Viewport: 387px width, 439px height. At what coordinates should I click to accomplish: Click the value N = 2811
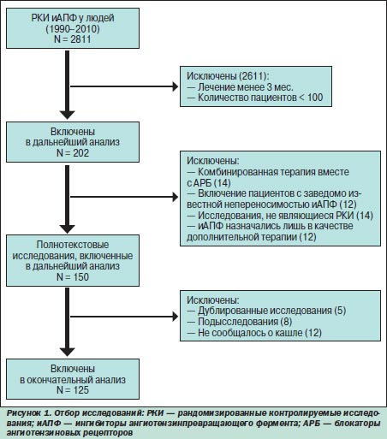coord(73,39)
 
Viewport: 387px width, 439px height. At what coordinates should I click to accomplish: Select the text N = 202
coord(73,153)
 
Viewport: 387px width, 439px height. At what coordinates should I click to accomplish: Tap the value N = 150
coord(73,276)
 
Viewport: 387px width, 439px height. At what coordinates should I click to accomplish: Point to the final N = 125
coord(73,389)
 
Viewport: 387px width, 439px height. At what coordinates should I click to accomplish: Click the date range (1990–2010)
coord(73,28)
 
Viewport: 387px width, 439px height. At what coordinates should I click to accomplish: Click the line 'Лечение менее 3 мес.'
coord(241,86)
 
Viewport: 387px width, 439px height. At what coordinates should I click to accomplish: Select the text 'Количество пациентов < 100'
coord(255,98)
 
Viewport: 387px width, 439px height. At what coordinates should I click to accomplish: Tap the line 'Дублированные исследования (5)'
coord(266,311)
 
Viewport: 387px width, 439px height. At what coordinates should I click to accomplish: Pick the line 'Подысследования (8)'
coord(240,322)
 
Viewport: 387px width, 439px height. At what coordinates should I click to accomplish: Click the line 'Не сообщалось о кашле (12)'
coord(254,333)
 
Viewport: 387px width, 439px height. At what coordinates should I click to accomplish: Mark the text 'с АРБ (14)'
coord(209,182)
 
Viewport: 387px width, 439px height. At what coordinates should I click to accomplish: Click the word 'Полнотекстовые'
coord(73,245)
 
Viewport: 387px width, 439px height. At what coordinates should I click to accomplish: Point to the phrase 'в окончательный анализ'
coord(73,380)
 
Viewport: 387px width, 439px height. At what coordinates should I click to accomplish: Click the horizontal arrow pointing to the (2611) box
coord(124,86)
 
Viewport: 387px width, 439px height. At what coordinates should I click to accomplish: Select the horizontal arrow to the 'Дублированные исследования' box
coord(124,317)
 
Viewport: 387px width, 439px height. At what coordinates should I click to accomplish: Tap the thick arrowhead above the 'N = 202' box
coord(67,115)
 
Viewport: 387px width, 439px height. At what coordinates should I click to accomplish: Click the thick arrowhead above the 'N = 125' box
coord(67,352)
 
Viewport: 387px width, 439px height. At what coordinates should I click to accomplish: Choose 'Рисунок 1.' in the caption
coord(28,413)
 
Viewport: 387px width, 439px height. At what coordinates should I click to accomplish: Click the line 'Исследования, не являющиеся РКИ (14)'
coord(280,216)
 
